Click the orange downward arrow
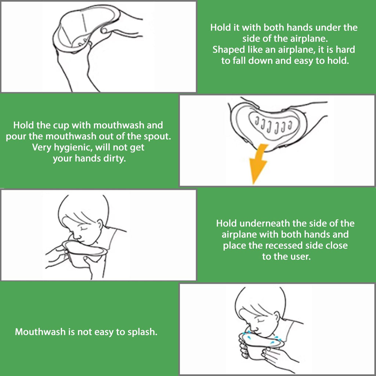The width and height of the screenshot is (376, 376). tap(258, 163)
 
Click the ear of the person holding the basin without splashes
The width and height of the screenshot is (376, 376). tap(100, 224)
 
